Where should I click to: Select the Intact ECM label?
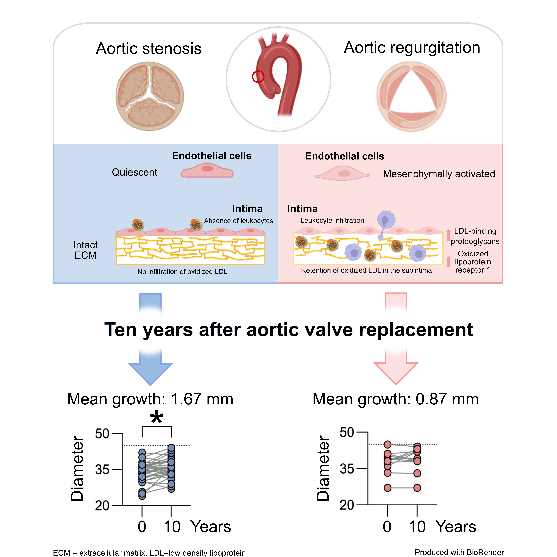85,250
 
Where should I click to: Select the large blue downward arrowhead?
150,373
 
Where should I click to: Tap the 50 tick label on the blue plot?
102,434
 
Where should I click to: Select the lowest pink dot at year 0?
387,488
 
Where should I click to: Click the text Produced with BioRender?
459,552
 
